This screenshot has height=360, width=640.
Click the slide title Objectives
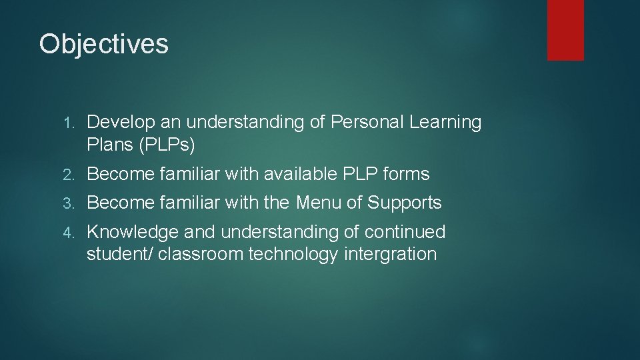click(103, 45)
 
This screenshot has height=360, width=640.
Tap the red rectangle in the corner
click(565, 29)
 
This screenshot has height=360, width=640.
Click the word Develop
click(118, 123)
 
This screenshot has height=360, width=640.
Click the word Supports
click(405, 203)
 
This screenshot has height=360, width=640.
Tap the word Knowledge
click(133, 232)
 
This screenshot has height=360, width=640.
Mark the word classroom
click(201, 254)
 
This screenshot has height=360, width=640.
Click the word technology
click(293, 255)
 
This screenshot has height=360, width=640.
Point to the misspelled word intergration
click(391, 255)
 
